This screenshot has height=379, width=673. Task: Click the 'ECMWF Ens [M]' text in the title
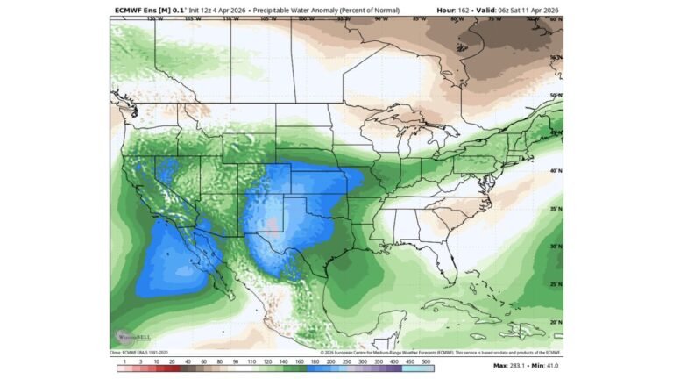point(141,10)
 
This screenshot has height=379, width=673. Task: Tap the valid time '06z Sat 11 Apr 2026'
point(522,10)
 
